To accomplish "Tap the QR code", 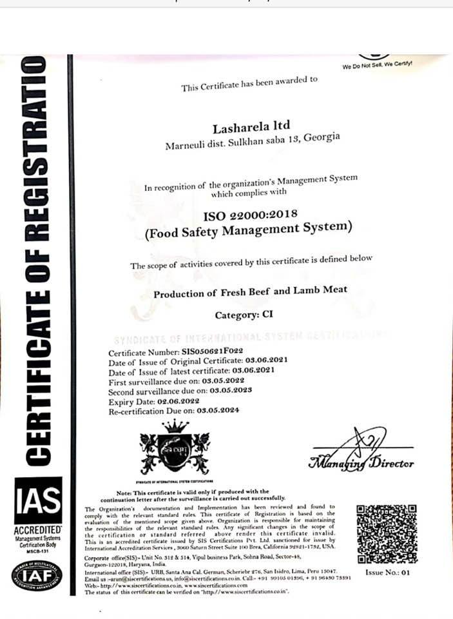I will point(386,534).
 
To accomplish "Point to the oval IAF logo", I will point(37,576).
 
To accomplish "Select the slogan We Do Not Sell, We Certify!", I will point(377,65).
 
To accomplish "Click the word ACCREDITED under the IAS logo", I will point(38,529).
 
